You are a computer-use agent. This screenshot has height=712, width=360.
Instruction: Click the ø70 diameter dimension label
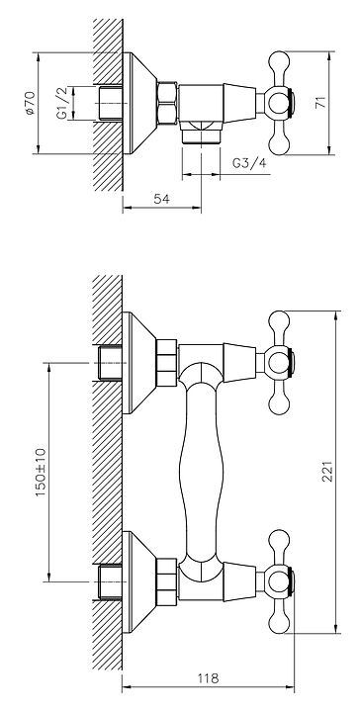pyautogui.click(x=30, y=103)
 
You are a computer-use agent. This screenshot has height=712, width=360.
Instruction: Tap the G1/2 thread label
pyautogui.click(x=62, y=103)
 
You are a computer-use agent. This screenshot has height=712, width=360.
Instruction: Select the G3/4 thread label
pyautogui.click(x=249, y=163)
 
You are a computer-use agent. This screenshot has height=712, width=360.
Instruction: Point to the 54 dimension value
pyautogui.click(x=161, y=199)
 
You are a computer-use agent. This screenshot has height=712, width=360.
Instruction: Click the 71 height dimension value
pyautogui.click(x=321, y=103)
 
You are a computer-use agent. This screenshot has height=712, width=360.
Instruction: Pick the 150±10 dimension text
pyautogui.click(x=41, y=472)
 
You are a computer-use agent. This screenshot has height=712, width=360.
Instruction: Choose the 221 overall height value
pyautogui.click(x=327, y=472)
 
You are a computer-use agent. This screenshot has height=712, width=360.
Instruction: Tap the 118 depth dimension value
pyautogui.click(x=208, y=678)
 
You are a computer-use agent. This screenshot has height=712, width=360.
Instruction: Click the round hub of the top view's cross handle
pyautogui.click(x=278, y=103)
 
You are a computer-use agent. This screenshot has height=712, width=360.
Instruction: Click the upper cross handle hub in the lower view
pyautogui.click(x=279, y=362)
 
